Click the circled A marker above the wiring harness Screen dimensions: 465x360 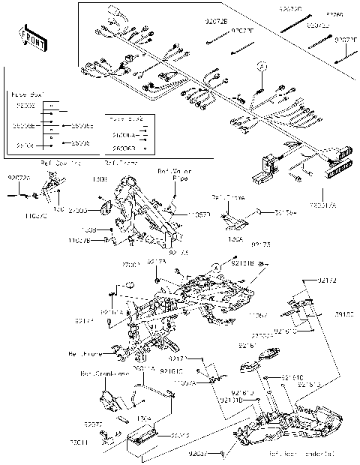tap(261, 67)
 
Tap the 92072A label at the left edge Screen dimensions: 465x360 tap(19, 178)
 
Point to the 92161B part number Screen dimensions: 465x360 tap(243, 263)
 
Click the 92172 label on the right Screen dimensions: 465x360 tap(328, 280)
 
